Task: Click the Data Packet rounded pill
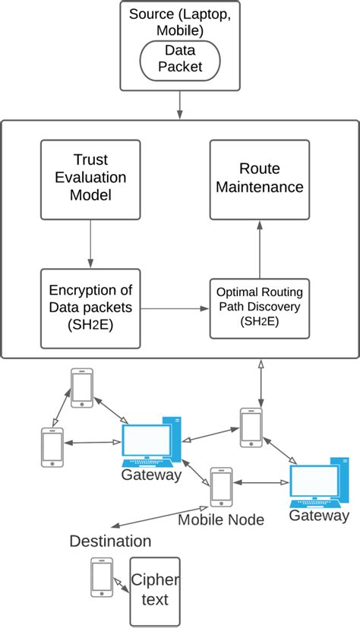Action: [180, 58]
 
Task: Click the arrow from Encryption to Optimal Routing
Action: [175, 309]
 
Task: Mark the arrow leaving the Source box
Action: [180, 105]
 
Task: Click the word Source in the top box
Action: [150, 14]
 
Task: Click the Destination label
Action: [110, 541]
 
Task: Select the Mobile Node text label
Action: [220, 520]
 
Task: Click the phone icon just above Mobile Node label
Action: [221, 487]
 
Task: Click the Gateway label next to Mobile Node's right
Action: [319, 516]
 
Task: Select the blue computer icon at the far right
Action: [319, 482]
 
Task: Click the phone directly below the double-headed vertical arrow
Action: [251, 427]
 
